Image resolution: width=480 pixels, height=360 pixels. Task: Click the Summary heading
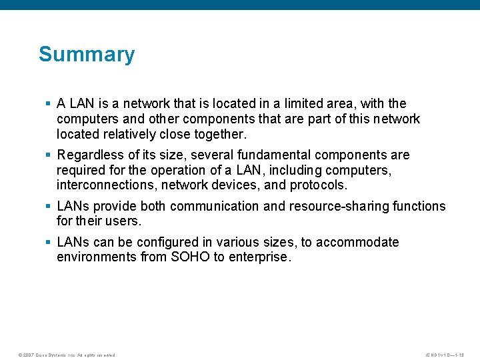pos(87,54)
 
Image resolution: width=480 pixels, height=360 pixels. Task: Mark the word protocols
pos(317,185)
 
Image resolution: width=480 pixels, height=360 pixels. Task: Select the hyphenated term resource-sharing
pos(341,206)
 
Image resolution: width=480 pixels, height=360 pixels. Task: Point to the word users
pos(123,221)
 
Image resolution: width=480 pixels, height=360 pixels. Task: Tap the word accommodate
pos(357,242)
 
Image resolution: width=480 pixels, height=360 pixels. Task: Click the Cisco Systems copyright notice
pos(67,355)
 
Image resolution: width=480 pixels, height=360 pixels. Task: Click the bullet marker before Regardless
pos(48,155)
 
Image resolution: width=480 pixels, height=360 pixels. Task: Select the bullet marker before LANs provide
pos(48,207)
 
